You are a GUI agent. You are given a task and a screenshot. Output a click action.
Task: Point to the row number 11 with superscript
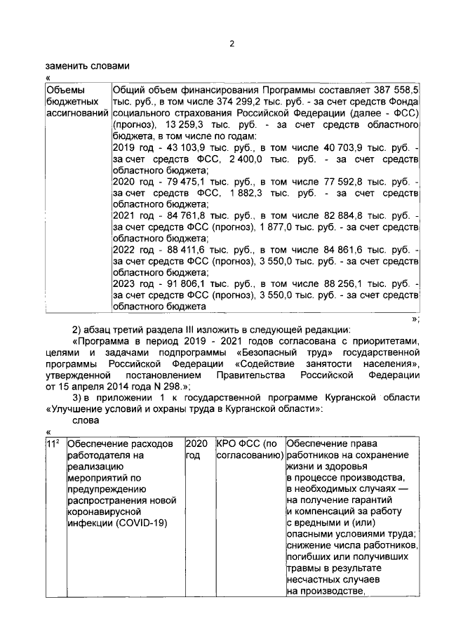click(x=51, y=443)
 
